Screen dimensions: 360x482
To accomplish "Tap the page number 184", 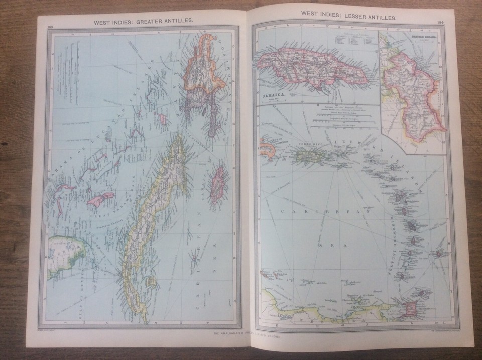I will click(440, 22).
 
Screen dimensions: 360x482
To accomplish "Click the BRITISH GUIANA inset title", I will click(423, 37).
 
